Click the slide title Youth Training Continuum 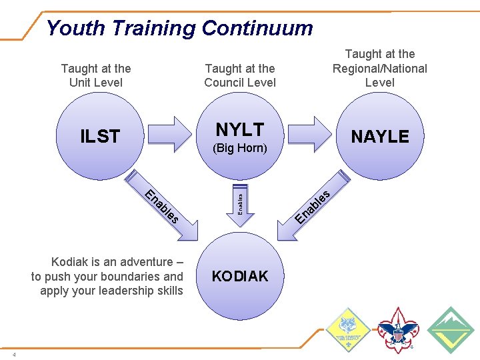179,28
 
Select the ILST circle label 100,137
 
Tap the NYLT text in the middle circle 239,129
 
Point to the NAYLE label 380,137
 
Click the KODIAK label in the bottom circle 239,276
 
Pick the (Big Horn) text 239,148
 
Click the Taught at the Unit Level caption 96,75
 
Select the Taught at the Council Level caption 240,75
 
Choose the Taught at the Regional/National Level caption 380,68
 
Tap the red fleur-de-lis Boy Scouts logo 397,329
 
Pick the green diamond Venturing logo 450,329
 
